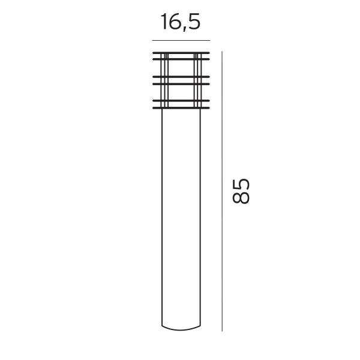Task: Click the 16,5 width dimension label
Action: click(181, 22)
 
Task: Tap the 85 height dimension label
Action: click(241, 191)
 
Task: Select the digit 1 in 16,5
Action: click(164, 22)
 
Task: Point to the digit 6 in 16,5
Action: click(174, 22)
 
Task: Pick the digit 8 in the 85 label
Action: click(241, 197)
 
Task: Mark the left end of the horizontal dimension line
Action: click(152, 40)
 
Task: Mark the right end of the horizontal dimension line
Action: click(210, 40)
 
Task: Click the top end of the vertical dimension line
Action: click(222, 52)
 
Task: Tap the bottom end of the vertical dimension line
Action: click(222, 331)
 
